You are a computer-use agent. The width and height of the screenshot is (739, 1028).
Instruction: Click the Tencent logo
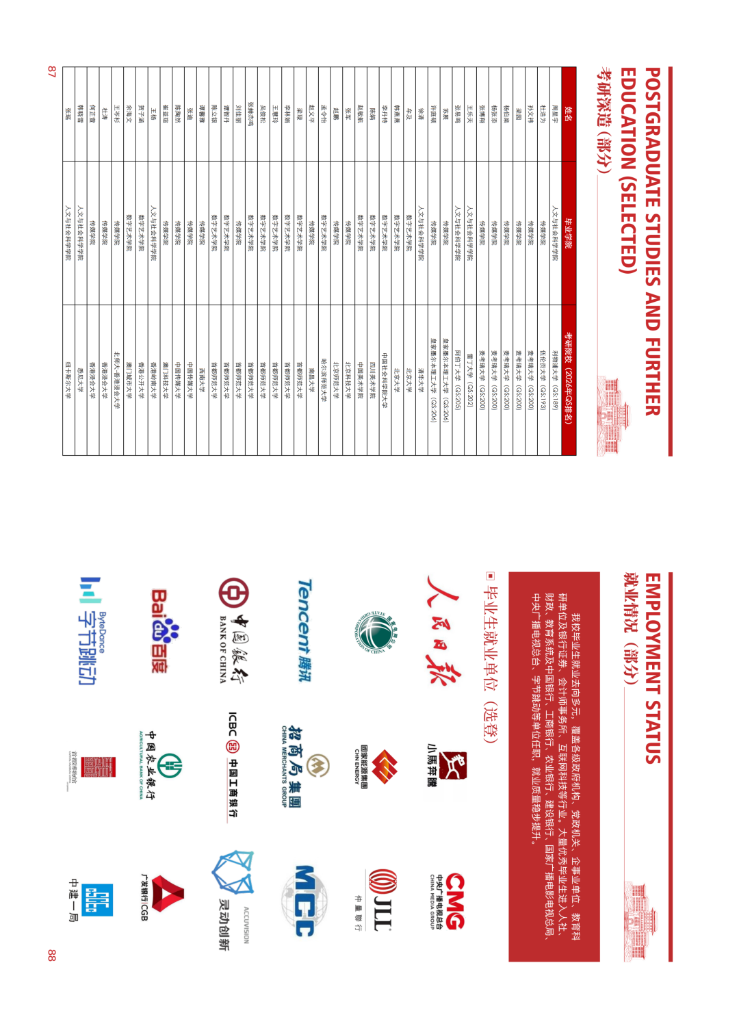tap(304, 630)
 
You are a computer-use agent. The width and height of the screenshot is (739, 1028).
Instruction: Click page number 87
tap(52, 71)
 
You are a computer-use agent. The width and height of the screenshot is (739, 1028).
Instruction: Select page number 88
tap(52, 955)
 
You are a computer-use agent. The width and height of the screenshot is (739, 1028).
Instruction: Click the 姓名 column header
tap(569, 114)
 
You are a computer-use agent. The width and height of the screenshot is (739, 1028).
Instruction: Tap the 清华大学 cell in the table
tap(421, 380)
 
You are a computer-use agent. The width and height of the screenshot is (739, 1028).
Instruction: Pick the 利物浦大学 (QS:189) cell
tap(555, 380)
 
